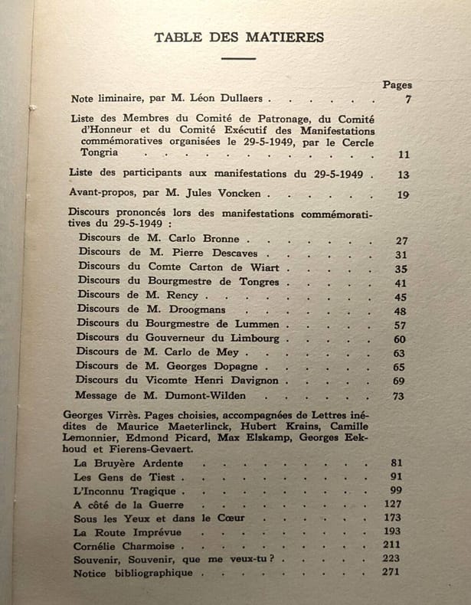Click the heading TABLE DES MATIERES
[x=239, y=37]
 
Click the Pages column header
[x=397, y=85]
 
